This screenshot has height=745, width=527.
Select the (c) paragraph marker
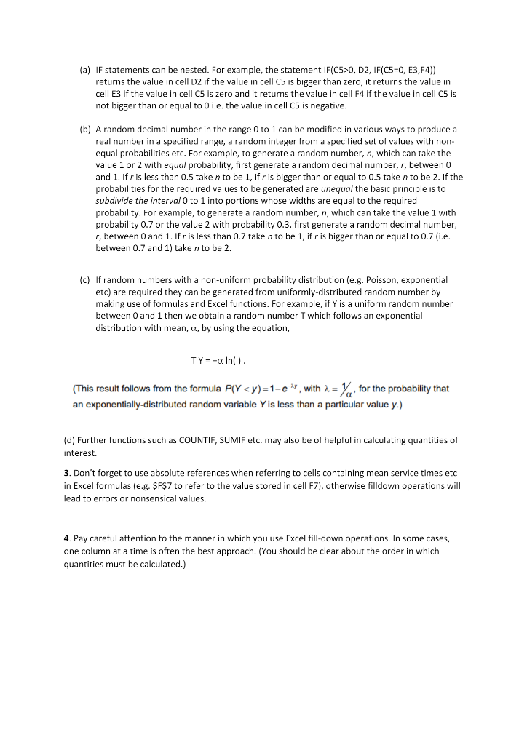click(x=84, y=279)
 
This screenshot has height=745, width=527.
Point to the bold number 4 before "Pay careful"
click(x=67, y=538)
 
